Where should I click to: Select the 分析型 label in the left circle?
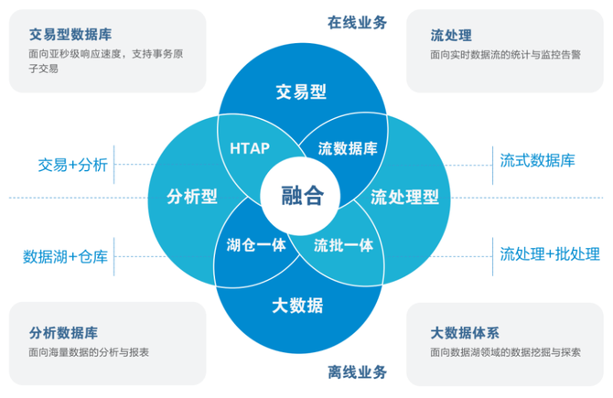click(192, 197)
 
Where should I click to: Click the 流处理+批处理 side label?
click(550, 253)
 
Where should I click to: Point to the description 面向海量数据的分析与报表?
click(89, 351)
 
